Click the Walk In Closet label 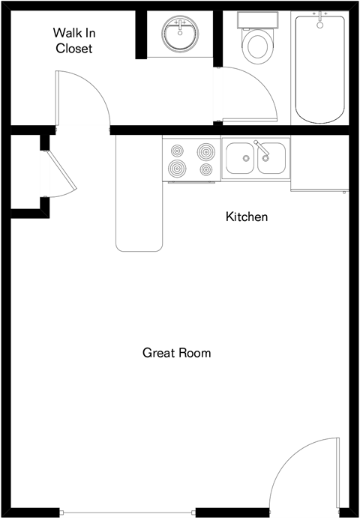73,40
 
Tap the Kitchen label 247,217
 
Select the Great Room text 176,352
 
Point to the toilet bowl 256,46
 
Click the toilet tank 256,19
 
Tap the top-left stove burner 177,151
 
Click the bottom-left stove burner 177,169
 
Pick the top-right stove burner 205,151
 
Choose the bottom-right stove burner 205,170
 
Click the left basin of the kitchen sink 240,158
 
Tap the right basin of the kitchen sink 271,158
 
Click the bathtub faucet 320,19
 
